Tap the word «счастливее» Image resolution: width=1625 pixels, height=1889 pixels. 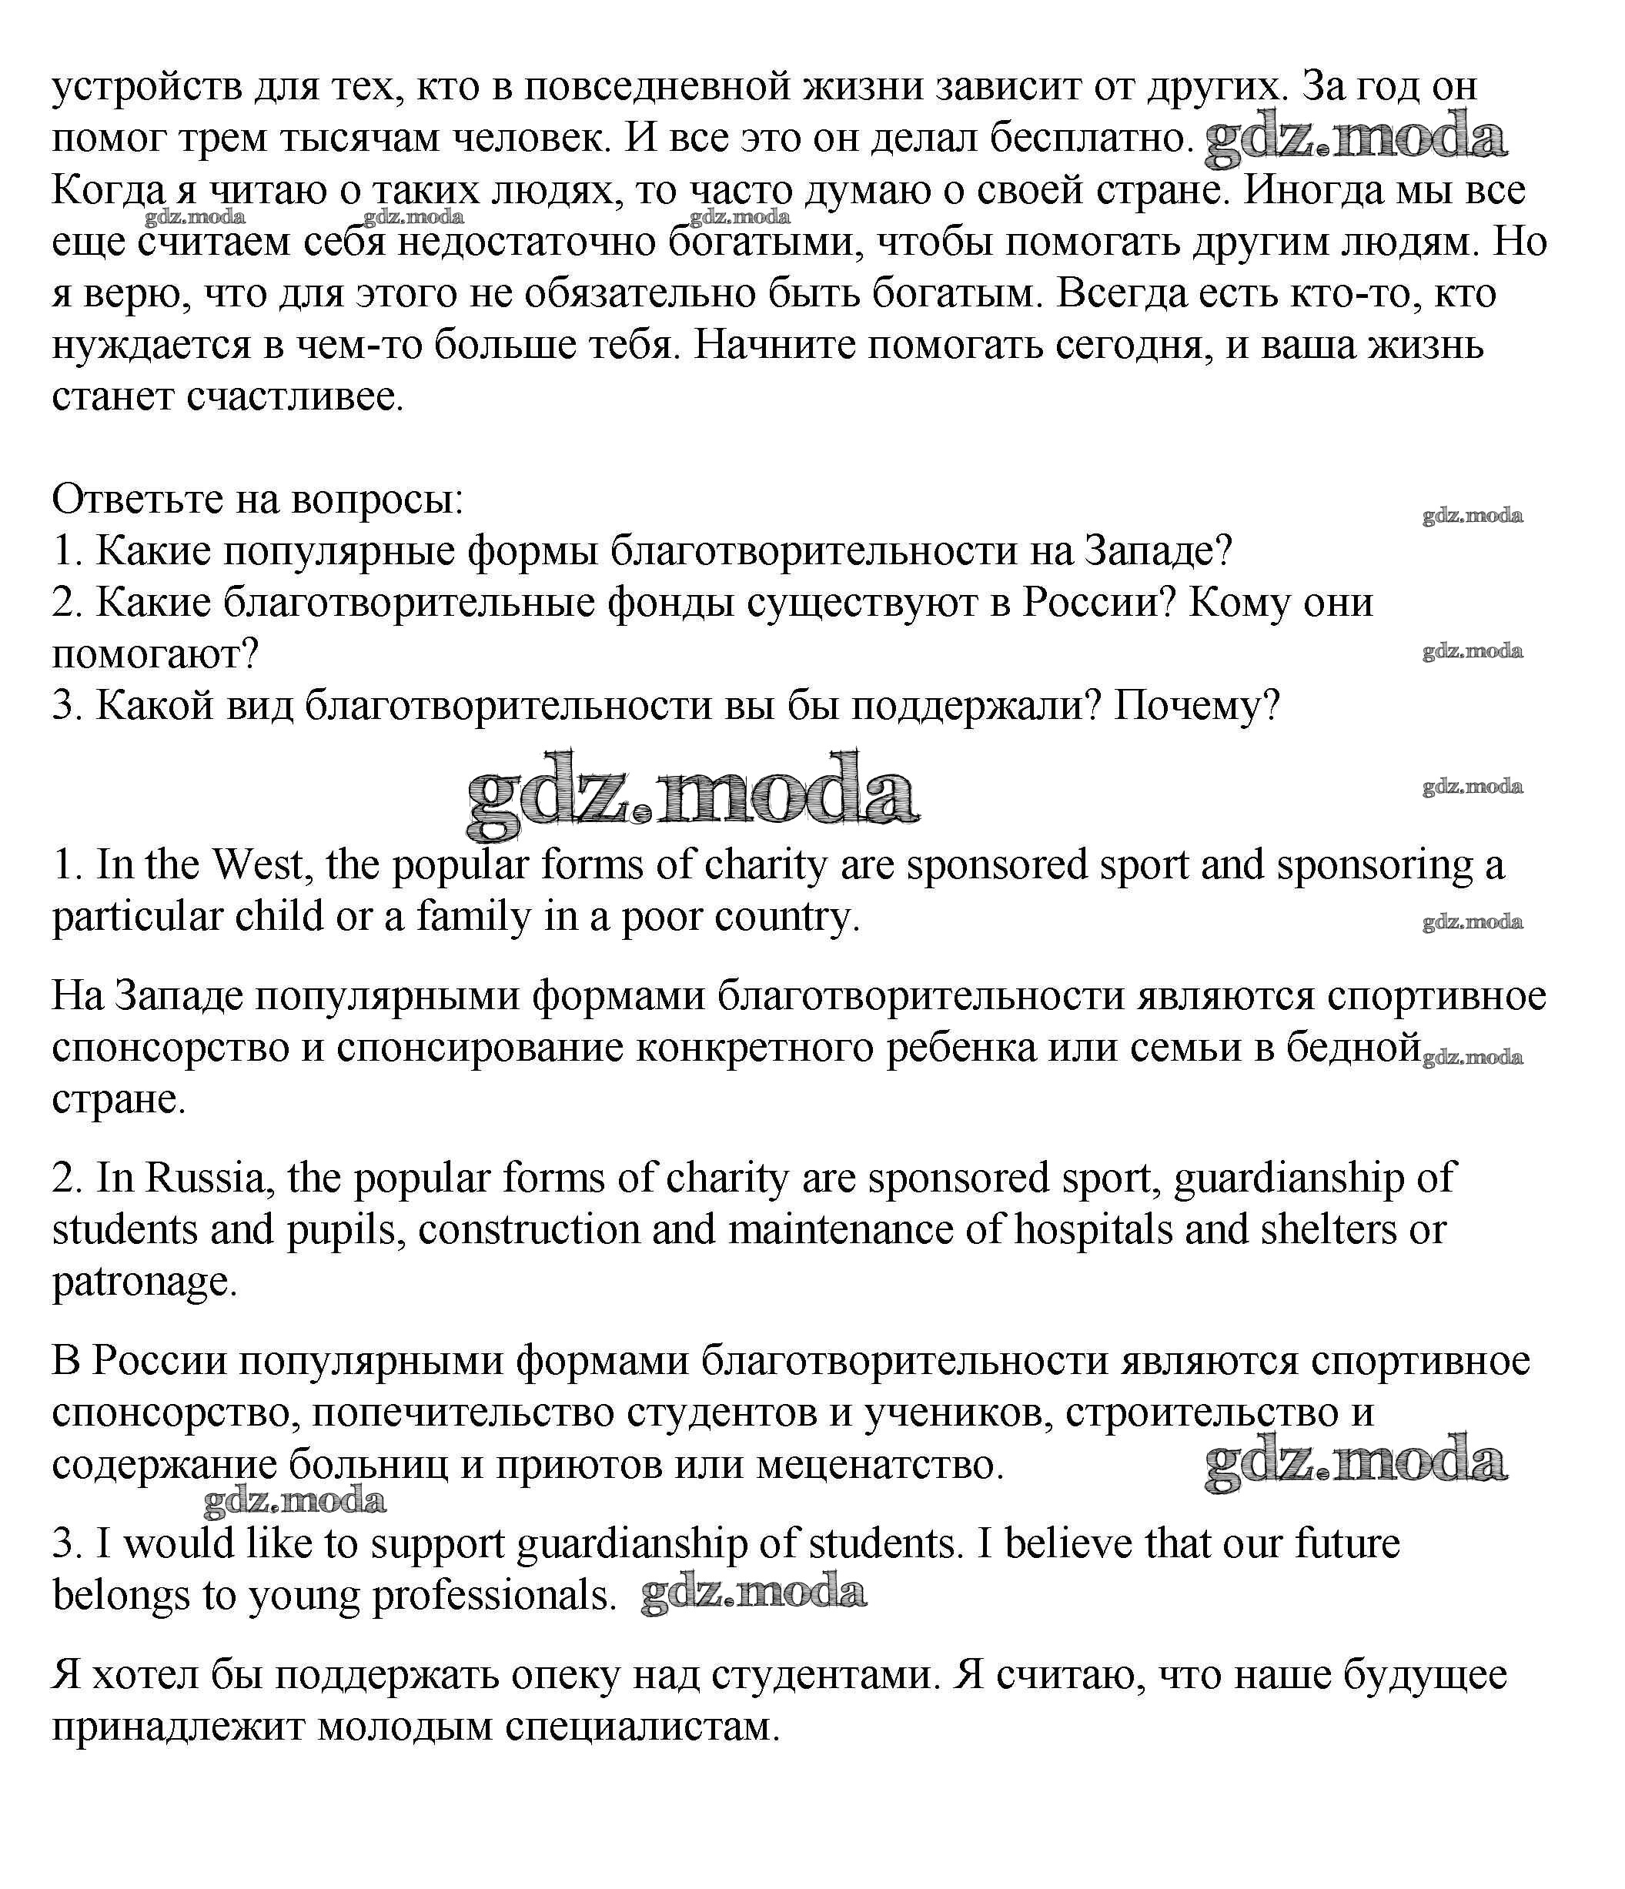295,397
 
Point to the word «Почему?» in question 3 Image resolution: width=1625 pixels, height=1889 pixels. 1197,705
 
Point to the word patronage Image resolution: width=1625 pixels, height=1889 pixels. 144,1282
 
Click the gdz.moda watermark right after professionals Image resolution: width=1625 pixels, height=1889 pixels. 753,1593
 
